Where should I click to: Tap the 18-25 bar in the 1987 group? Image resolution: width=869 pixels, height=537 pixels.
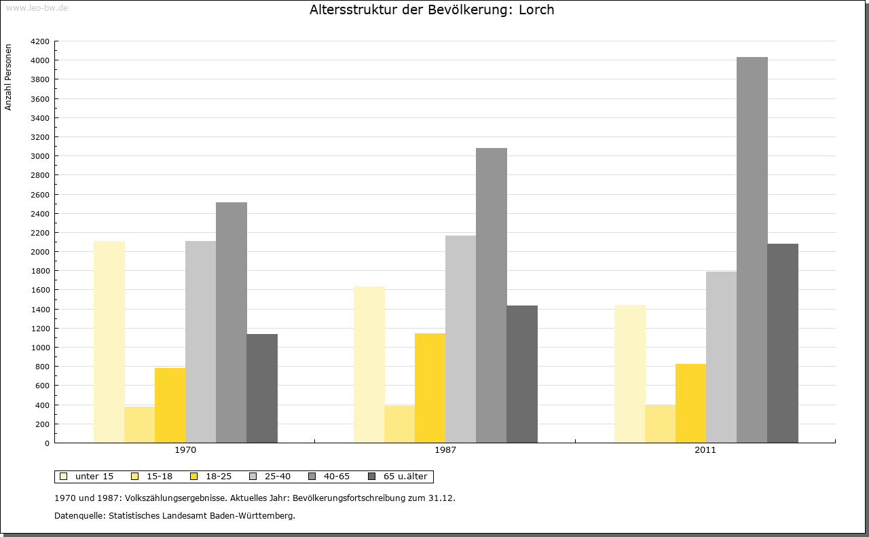pos(430,388)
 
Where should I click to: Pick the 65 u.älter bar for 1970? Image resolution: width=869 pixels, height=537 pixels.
pos(261,388)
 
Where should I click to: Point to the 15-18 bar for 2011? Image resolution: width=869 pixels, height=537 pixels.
pos(660,424)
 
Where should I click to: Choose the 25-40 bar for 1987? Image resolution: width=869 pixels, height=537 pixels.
pos(460,339)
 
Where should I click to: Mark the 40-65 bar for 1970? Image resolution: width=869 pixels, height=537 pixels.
pos(231,322)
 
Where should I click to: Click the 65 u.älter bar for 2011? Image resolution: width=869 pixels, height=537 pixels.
pos(782,343)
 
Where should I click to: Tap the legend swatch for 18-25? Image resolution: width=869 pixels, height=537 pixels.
pos(191,477)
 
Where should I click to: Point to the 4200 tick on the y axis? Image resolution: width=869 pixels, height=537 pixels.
pos(41,41)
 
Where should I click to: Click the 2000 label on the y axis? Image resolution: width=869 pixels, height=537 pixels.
pos(41,252)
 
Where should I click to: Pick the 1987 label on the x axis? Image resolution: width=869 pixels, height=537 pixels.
pos(445,450)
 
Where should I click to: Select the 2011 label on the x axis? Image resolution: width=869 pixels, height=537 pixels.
pos(705,450)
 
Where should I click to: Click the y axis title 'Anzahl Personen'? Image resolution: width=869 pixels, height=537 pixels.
pos(9,77)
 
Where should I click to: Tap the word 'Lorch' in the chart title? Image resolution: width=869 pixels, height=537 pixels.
pos(536,10)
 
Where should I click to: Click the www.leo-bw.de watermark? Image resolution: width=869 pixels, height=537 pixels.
pos(37,8)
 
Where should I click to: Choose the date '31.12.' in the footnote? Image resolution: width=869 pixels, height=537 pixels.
pos(441,498)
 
